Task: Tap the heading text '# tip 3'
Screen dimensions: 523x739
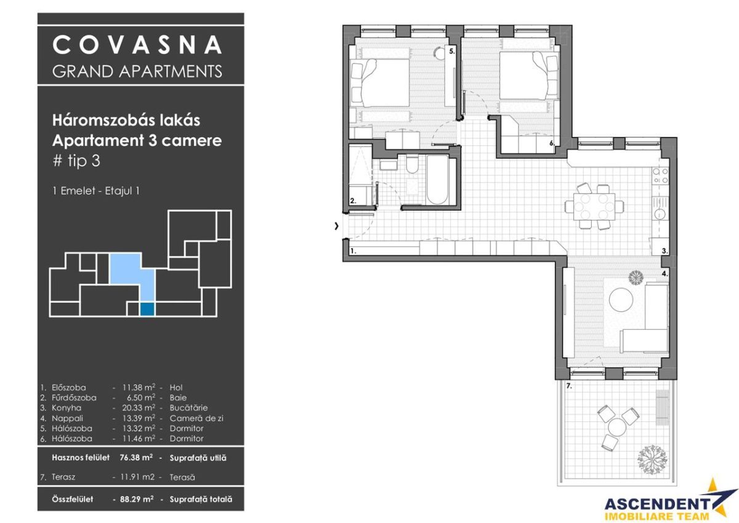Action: pos(76,161)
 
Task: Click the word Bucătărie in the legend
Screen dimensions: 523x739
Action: pos(188,408)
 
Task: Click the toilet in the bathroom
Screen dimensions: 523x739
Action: pos(411,165)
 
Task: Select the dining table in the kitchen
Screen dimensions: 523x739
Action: pos(594,206)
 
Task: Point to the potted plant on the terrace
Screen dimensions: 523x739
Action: pos(652,458)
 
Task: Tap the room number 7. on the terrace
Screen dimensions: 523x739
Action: pos(570,386)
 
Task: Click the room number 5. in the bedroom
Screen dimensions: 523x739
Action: pos(451,52)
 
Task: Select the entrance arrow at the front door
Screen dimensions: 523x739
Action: pos(336,226)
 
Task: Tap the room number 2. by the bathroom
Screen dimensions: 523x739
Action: pos(353,200)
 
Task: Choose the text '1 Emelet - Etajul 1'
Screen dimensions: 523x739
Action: pos(96,191)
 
